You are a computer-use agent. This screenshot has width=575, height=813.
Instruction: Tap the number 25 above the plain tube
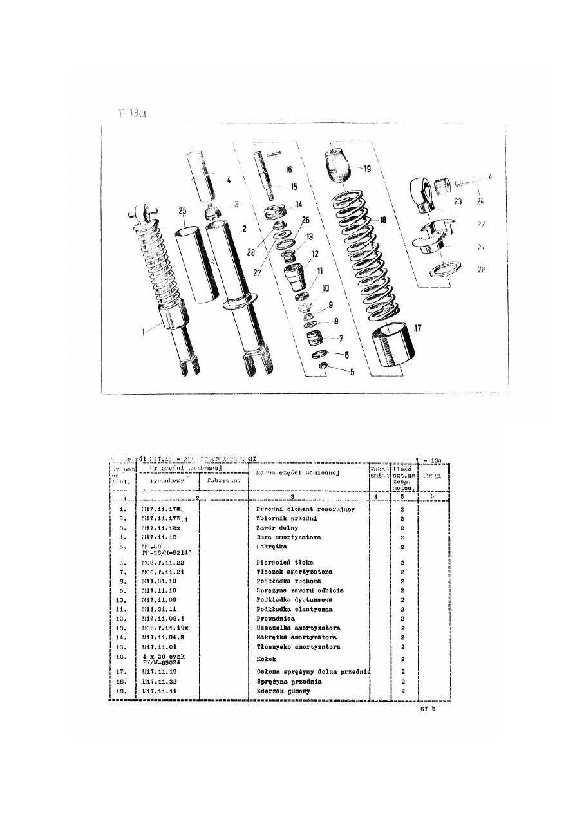pyautogui.click(x=183, y=211)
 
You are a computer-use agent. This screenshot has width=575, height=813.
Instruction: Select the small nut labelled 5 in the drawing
pyautogui.click(x=324, y=366)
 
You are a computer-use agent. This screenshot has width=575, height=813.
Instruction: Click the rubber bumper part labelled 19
pyautogui.click(x=339, y=165)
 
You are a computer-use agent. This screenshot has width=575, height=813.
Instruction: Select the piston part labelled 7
pyautogui.click(x=315, y=337)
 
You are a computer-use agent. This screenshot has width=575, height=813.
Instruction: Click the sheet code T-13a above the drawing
pyautogui.click(x=133, y=114)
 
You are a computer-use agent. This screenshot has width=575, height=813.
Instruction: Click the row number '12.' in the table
pyautogui.click(x=125, y=618)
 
